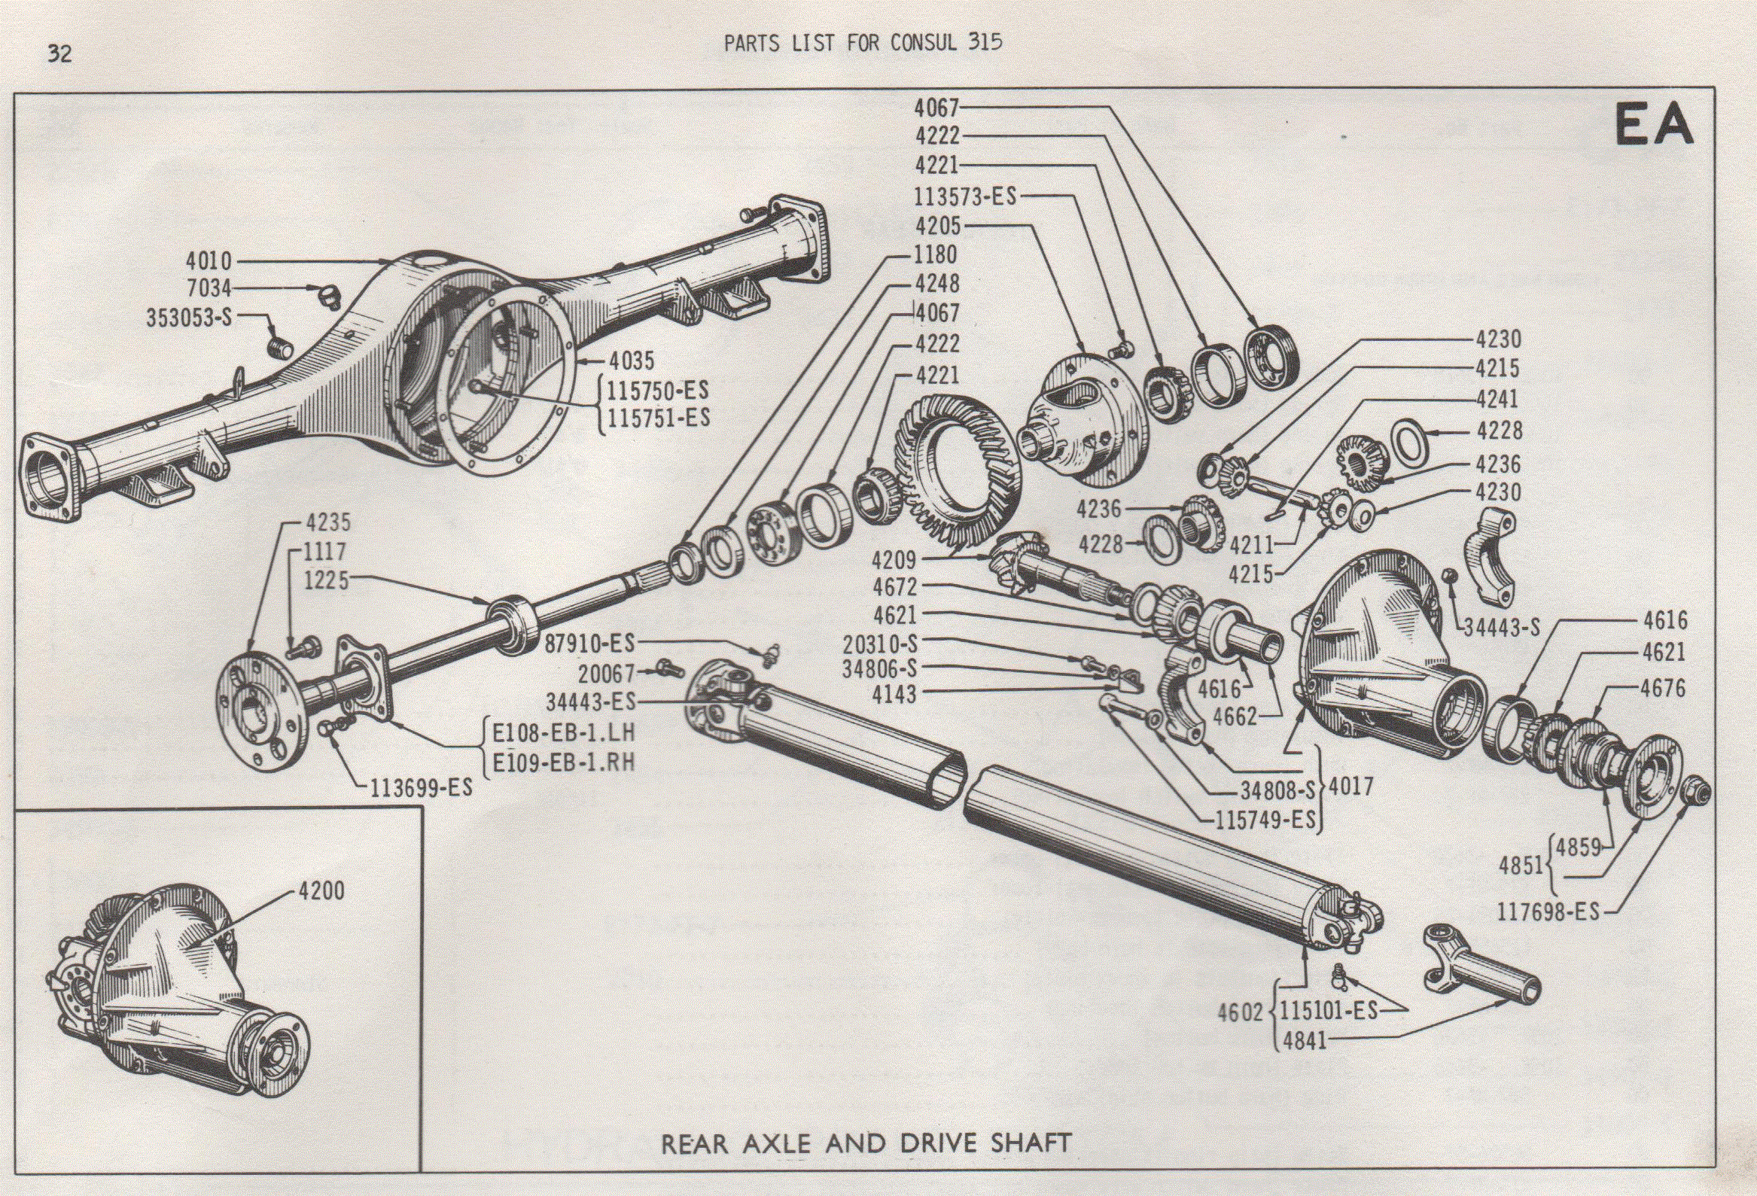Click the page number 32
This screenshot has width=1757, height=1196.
(59, 53)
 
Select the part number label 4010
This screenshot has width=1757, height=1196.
(209, 262)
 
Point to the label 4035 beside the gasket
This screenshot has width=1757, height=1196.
(632, 361)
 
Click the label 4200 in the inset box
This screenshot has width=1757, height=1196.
(321, 890)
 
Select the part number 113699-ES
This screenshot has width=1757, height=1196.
(420, 789)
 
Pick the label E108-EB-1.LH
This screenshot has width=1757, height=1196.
(564, 732)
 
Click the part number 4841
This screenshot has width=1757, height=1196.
(1304, 1040)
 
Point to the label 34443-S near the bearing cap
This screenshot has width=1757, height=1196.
(1502, 627)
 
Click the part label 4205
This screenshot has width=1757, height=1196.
(937, 226)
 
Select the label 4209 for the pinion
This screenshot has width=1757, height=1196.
(894, 560)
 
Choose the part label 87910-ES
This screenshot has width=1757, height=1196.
(589, 644)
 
